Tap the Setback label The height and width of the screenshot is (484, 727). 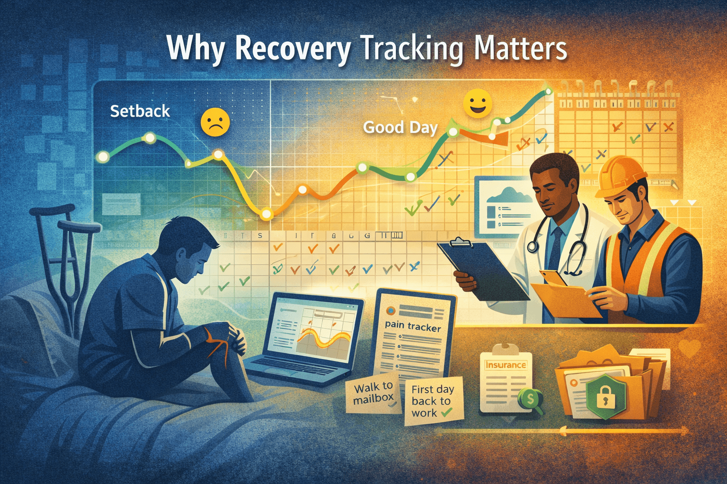[x=140, y=111]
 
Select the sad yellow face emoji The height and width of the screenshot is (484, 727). [x=215, y=122]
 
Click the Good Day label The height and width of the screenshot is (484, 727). [x=400, y=127]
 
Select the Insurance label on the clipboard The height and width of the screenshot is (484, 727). [x=505, y=365]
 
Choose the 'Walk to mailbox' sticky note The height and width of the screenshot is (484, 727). [x=373, y=393]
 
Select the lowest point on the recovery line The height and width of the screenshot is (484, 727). [x=266, y=215]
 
